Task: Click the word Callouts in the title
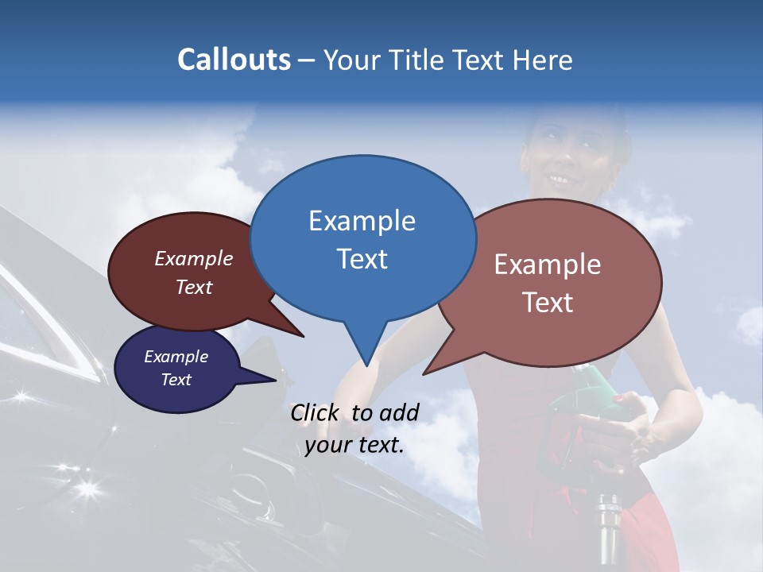tap(234, 60)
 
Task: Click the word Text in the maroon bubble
tap(194, 287)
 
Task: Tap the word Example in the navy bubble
tap(176, 357)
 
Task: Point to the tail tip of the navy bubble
tap(275, 380)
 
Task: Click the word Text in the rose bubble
tap(548, 302)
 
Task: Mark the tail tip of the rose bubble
tap(424, 373)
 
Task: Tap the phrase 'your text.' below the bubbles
tap(354, 446)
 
